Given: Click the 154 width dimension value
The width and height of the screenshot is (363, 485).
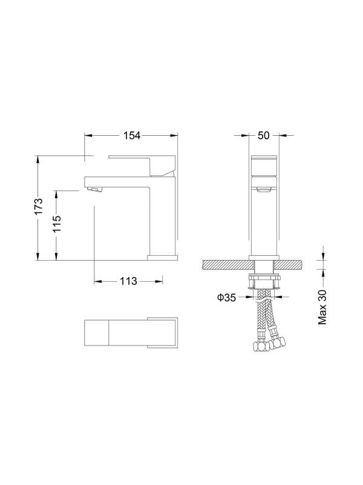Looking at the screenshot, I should click(132, 136).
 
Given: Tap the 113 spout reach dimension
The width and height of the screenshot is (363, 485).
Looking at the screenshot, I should click(128, 281).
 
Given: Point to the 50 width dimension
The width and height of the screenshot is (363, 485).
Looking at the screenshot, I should click(263, 136).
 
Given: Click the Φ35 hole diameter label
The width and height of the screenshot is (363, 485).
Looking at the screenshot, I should click(226, 297).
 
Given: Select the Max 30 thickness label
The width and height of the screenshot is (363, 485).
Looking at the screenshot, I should click(322, 307).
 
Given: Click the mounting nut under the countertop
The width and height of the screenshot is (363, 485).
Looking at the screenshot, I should click(264, 279).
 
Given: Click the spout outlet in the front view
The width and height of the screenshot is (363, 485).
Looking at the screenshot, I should click(264, 191).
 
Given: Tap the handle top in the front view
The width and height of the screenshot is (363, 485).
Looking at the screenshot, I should click(264, 161).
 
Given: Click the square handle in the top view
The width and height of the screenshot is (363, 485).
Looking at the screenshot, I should click(162, 332).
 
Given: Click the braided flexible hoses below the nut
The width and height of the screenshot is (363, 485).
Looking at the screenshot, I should click(264, 315).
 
